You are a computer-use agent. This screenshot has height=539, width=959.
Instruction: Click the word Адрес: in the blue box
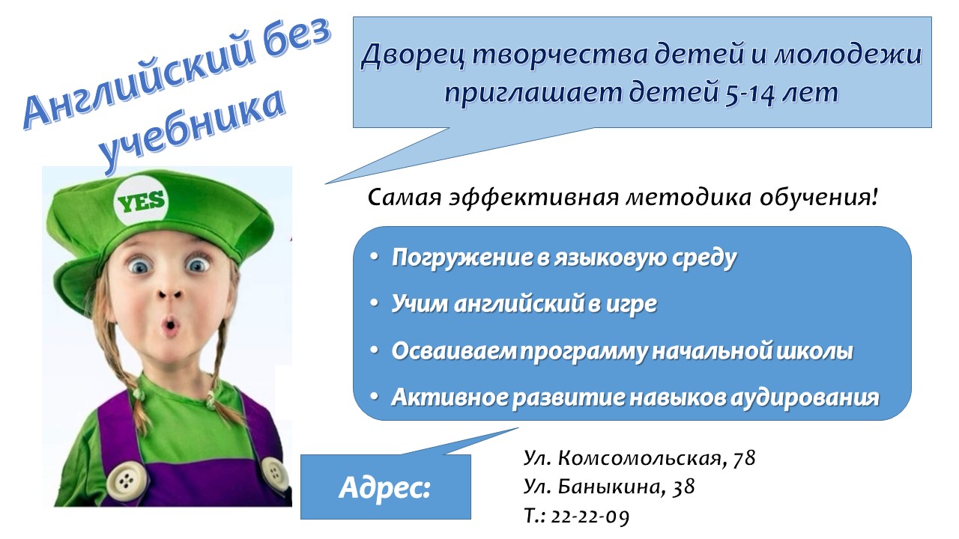(385, 487)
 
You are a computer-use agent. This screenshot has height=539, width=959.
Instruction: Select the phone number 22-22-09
(590, 517)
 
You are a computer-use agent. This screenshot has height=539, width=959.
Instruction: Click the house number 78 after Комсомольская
(744, 458)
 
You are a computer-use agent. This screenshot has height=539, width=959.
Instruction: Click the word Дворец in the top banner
(413, 55)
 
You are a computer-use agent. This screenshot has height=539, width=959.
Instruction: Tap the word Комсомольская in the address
(640, 458)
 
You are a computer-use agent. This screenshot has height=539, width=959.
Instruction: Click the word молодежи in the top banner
(847, 55)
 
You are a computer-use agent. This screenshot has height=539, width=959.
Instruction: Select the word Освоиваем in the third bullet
(454, 351)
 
